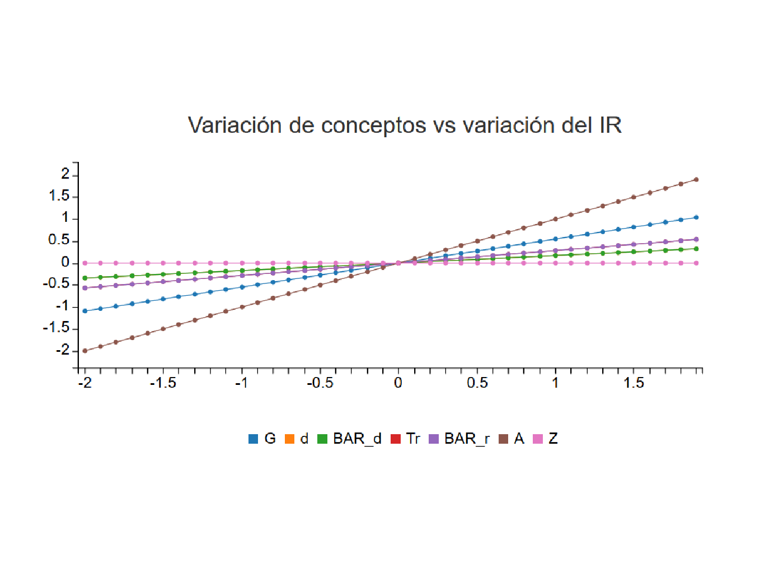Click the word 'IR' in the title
coord(611,125)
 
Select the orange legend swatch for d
coord(289,439)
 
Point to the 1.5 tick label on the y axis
coord(59,196)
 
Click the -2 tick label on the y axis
coord(63,350)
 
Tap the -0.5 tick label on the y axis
coord(56,284)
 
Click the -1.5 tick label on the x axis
coord(163,383)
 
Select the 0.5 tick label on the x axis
coord(477,383)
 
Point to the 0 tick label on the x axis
coord(398,383)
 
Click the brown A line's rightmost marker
coord(696,180)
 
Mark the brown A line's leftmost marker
coord(85,351)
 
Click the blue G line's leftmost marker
coord(85,311)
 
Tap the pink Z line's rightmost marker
coord(696,263)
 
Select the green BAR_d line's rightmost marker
coord(696,249)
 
